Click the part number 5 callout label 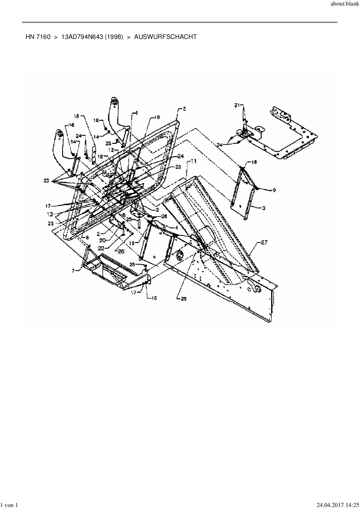click(x=184, y=109)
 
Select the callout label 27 click(x=264, y=243)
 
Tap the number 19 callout click(x=157, y=118)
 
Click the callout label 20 click(x=102, y=240)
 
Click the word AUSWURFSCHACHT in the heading click(x=165, y=37)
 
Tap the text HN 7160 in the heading click(x=38, y=37)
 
